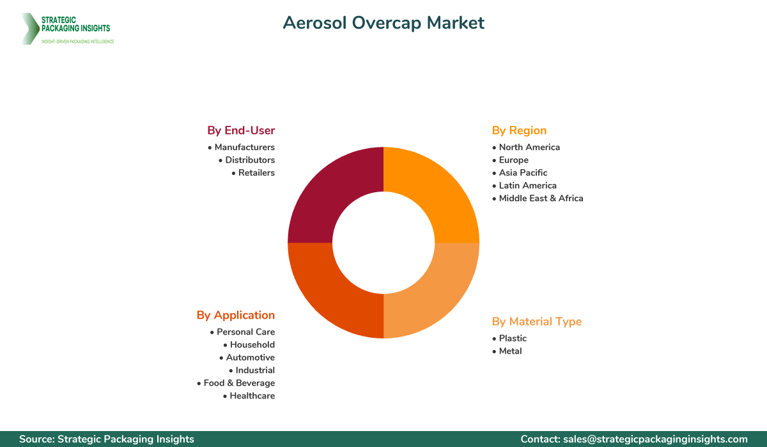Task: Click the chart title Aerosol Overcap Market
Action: [383, 23]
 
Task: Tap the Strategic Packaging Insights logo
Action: [67, 29]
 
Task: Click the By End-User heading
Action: [241, 130]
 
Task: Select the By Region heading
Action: [519, 130]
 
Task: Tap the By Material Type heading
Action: [537, 321]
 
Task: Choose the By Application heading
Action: [236, 315]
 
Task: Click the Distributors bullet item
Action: [250, 160]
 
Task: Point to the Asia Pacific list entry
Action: [523, 172]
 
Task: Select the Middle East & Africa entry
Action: [541, 198]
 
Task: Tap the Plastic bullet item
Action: [513, 338]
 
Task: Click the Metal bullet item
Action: [510, 351]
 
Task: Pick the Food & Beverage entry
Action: [239, 383]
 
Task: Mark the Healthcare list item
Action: [252, 396]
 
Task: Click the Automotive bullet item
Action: [250, 358]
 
